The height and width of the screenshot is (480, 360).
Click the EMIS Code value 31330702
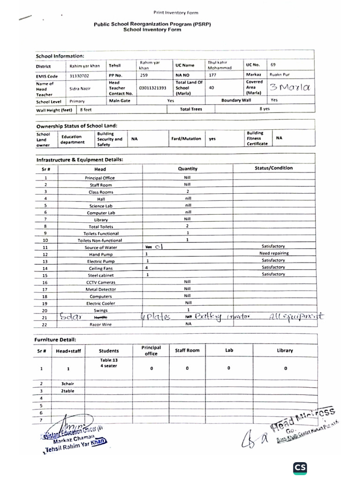[x=79, y=75]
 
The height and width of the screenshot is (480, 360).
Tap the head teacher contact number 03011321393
[x=152, y=88]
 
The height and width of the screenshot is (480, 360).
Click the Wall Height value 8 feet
[x=86, y=110]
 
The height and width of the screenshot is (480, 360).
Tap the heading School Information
[x=60, y=56]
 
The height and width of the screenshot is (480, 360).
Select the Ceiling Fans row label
[x=102, y=269]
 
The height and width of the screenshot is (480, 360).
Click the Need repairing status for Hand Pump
[x=273, y=254]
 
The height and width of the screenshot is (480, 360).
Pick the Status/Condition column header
[x=273, y=168]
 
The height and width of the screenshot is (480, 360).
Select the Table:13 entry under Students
[x=109, y=360]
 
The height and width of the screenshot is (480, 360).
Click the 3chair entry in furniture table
[x=68, y=383]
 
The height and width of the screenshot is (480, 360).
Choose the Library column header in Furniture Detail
[x=285, y=350]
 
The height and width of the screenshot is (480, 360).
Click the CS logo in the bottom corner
[x=300, y=468]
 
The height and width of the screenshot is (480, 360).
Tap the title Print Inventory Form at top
[x=176, y=13]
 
